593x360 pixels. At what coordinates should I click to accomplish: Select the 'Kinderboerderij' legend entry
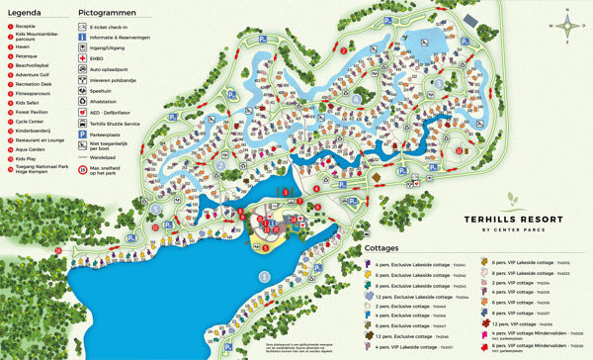coord(40,130)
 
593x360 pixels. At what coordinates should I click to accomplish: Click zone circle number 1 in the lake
coord(263,277)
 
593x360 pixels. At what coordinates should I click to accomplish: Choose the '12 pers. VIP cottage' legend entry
coord(515,322)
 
